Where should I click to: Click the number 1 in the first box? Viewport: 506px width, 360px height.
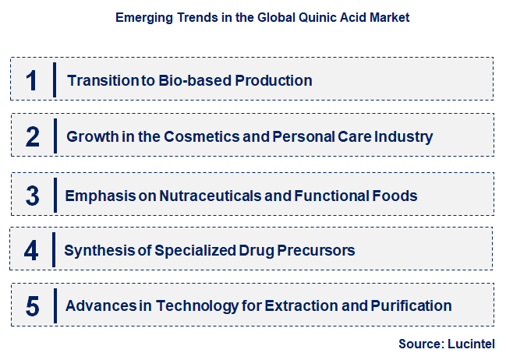31,80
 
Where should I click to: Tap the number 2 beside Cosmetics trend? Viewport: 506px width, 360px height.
32,137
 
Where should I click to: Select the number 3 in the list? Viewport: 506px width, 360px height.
32,195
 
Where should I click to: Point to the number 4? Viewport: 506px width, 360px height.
31,251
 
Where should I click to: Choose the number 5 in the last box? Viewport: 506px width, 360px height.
32,306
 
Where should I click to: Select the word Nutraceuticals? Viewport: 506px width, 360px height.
208,195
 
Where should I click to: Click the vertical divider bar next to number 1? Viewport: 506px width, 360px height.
55,79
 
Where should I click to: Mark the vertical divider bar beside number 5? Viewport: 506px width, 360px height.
55,306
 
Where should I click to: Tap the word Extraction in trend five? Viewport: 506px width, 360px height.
299,305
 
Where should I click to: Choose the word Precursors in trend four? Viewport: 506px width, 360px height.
315,251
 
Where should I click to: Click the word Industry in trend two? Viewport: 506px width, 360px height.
404,137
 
